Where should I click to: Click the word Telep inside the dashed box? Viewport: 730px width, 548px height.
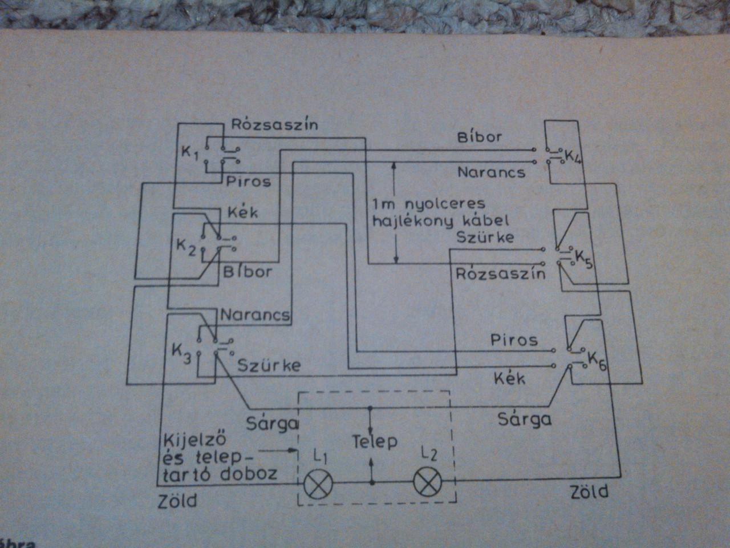point(374,441)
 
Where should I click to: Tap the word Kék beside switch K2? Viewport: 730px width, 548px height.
point(242,212)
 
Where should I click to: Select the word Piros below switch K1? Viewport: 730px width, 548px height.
point(248,182)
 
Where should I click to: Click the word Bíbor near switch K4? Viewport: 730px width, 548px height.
point(479,138)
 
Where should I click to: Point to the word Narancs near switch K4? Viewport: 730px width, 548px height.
point(491,171)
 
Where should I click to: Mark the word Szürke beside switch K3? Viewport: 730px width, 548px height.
point(269,365)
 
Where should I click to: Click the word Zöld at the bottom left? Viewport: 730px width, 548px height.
point(177,501)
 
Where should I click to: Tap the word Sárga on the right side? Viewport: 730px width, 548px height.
point(524,420)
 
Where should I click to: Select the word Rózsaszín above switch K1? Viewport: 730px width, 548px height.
point(274,125)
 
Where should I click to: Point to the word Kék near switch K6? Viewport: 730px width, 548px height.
point(509,378)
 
